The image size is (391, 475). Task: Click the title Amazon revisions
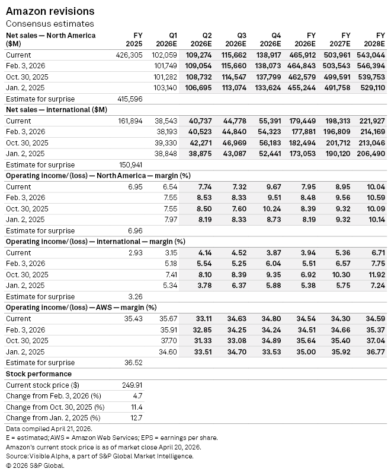tap(50, 11)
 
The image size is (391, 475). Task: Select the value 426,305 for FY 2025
tap(129, 55)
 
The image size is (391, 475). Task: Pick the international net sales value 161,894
tap(129, 121)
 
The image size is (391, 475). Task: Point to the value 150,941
tap(129, 164)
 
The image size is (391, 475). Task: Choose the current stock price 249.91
tap(132, 385)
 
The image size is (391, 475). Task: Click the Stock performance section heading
tap(39, 374)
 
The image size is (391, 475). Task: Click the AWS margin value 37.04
tap(373, 341)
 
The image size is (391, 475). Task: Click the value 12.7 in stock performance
tap(135, 417)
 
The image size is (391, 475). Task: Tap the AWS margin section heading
tap(81, 308)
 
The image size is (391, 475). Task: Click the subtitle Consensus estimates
tap(50, 24)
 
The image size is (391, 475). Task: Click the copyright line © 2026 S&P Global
tap(35, 465)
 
